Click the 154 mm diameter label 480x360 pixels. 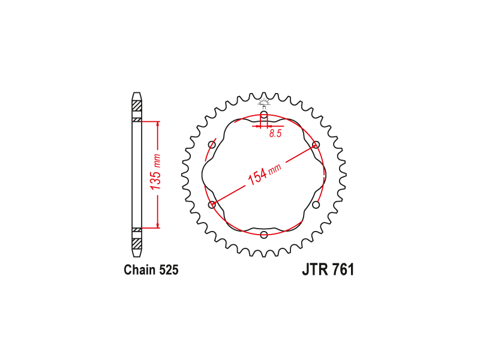264,174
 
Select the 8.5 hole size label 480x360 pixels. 275,133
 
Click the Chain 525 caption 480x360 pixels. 151,269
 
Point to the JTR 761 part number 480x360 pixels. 328,269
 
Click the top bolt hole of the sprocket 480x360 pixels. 264,116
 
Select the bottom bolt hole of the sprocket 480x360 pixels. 264,235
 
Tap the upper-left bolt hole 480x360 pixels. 212,145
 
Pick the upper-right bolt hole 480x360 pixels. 316,145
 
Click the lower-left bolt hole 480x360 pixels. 212,205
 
